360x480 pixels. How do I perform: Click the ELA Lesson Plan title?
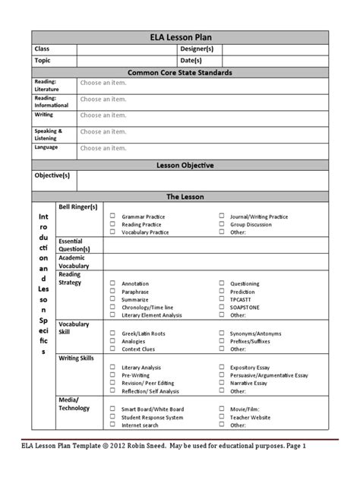click(179, 37)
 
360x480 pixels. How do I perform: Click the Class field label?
click(42, 49)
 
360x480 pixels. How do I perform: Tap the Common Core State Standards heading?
click(179, 72)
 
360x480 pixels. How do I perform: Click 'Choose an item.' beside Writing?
click(103, 115)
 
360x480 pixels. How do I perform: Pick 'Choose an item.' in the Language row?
click(103, 147)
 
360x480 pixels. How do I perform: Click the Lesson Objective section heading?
click(179, 165)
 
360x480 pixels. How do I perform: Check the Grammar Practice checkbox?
click(112, 216)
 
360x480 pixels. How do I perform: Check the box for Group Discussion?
click(222, 225)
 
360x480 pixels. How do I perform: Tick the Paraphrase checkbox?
click(112, 292)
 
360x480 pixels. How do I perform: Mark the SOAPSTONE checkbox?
click(222, 308)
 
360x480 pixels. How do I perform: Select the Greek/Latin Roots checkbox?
click(112, 333)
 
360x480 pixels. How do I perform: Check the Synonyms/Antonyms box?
click(222, 333)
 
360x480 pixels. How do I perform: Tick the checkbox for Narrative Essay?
click(222, 384)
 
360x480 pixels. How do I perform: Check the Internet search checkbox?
click(112, 425)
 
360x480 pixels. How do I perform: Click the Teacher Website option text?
click(250, 417)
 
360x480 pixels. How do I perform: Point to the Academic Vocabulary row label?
click(74, 261)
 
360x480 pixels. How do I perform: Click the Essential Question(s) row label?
click(74, 245)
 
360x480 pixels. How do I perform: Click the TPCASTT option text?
click(242, 299)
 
